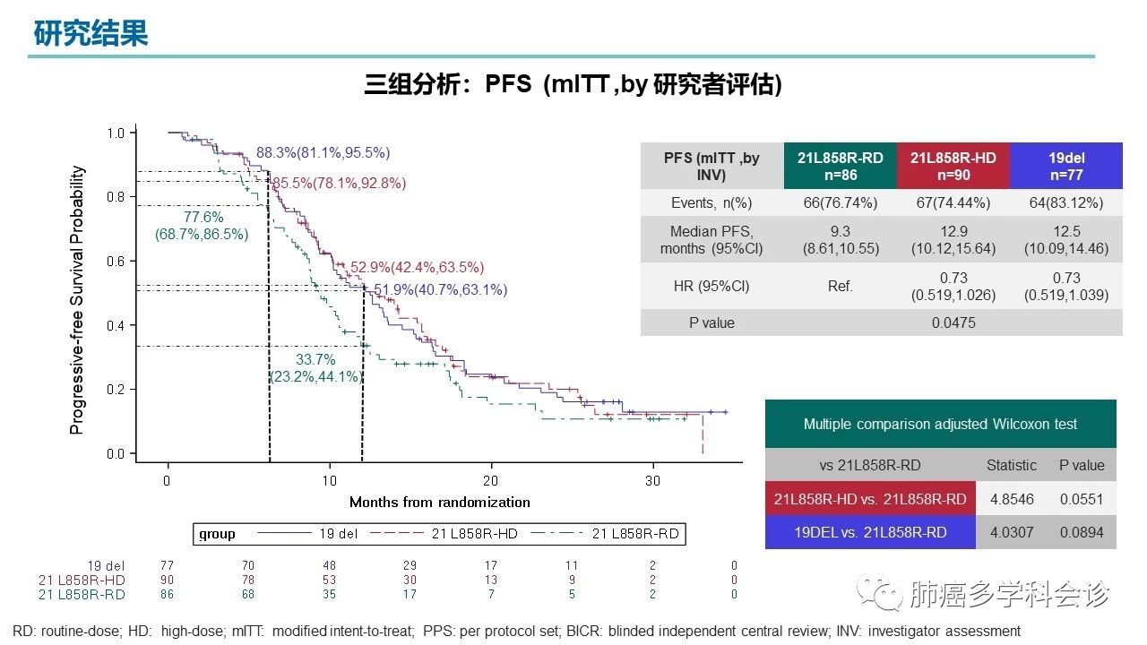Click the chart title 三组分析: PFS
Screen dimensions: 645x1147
(x=573, y=85)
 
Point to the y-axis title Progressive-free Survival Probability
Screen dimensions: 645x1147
(x=78, y=300)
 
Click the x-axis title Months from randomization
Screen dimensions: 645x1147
(x=439, y=502)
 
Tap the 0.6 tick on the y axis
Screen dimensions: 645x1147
(x=116, y=261)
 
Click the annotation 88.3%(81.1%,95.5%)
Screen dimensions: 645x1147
(x=323, y=153)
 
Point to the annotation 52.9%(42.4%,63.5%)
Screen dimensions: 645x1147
(x=417, y=267)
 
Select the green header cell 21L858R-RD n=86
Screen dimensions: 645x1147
(x=840, y=166)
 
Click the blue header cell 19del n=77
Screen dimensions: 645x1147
(x=1066, y=166)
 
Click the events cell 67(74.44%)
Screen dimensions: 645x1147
(x=953, y=202)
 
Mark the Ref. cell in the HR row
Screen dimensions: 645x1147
(x=840, y=287)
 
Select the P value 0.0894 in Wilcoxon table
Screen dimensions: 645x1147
(x=1081, y=532)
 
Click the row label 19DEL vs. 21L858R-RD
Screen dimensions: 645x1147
(x=870, y=532)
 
